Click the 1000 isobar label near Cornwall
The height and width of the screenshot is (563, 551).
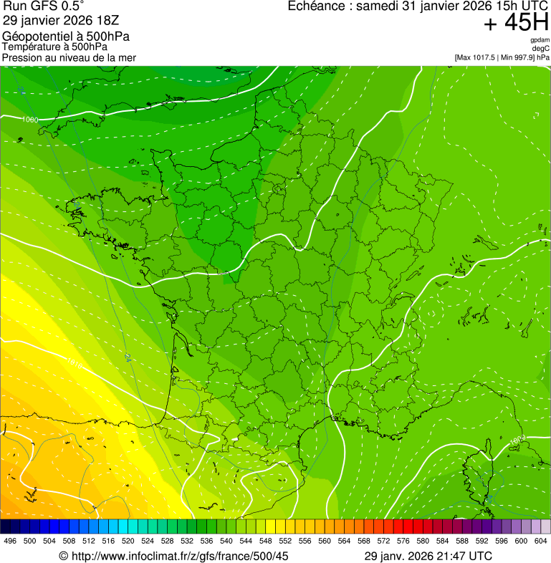(30, 120)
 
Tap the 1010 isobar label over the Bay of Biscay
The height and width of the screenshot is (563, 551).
(74, 360)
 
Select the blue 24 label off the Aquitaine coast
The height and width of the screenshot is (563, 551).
(128, 356)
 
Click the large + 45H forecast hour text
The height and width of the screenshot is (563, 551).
(516, 23)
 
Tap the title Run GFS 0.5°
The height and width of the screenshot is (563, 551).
(43, 6)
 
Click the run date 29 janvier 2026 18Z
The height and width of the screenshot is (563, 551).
(61, 21)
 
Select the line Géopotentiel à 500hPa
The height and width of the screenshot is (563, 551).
(66, 37)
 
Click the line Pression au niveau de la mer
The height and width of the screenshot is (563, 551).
(69, 57)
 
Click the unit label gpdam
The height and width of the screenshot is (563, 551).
(540, 39)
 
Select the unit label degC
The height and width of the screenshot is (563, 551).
(542, 48)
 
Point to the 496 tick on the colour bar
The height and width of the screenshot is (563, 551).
(10, 541)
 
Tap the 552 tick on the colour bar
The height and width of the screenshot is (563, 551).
(285, 541)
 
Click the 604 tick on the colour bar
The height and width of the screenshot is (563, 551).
(541, 541)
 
